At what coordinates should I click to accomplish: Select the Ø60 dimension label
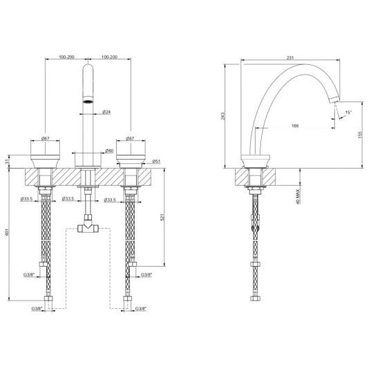pyautogui.click(x=110, y=151)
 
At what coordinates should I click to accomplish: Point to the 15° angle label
pyautogui.click(x=349, y=112)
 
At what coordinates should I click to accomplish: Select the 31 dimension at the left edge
pyautogui.click(x=8, y=162)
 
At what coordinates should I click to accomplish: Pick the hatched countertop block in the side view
pyautogui.click(x=257, y=176)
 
